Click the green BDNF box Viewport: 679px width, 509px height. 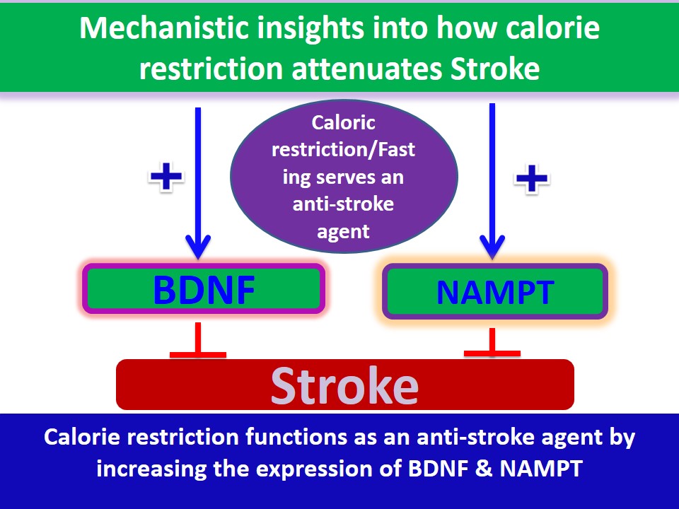(x=204, y=289)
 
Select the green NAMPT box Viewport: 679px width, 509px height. (x=494, y=291)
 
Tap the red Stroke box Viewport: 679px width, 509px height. (x=344, y=385)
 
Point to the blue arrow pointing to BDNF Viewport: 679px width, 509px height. (x=198, y=184)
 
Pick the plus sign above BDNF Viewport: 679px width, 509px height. (x=166, y=176)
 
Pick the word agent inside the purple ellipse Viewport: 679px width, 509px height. (x=344, y=231)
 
